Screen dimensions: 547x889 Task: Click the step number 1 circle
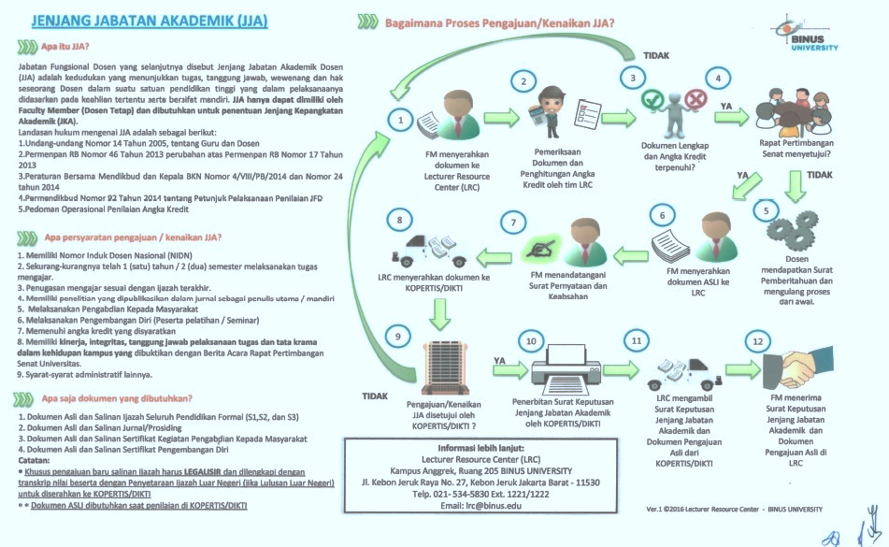point(399,120)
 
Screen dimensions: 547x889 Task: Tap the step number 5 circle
point(767,210)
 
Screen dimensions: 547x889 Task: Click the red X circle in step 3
point(695,98)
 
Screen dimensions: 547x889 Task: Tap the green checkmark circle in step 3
point(652,98)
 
